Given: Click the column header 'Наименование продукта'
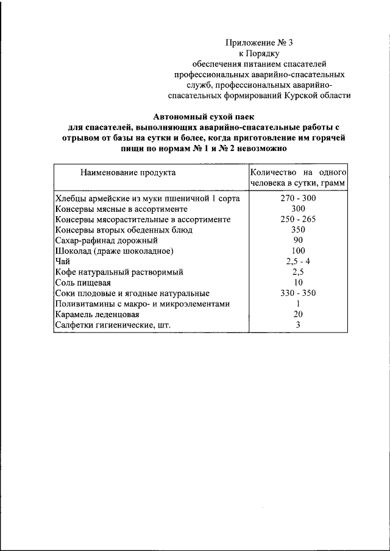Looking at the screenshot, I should point(127,172).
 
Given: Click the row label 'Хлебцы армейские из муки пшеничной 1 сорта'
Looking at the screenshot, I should point(147,198).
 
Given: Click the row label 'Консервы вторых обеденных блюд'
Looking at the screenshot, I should point(124,230).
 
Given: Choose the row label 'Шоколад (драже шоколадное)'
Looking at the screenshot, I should point(115,251).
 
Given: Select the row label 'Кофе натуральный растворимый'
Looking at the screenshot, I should point(119,272).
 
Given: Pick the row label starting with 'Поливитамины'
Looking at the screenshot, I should point(143,304).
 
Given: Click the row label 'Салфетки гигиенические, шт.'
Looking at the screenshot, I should point(113,325).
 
